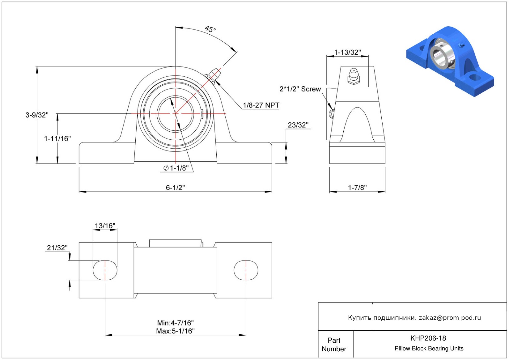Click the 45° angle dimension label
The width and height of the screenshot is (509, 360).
tap(210, 29)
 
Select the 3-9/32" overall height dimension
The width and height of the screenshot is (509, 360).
tap(37, 115)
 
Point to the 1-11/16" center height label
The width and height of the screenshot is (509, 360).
tap(57, 138)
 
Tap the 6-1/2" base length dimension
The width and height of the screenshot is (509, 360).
tap(175, 188)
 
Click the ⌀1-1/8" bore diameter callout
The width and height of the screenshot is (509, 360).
tap(176, 168)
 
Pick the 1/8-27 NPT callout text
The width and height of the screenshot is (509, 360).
tap(261, 105)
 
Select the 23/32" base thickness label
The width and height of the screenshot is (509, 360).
tap(298, 125)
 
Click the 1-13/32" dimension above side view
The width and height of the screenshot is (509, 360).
tap(347, 52)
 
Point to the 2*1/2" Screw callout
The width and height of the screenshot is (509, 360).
tap(300, 89)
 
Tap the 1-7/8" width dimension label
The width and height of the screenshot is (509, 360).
tap(358, 188)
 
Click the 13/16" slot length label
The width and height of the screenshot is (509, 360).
tap(105, 226)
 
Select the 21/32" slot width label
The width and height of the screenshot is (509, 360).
tap(57, 248)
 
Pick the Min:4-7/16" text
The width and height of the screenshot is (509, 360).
tap(176, 323)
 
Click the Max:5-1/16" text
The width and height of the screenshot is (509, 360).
tap(176, 331)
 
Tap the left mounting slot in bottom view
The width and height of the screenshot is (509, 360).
tap(105, 270)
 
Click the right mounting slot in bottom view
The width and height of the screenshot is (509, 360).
tap(246, 270)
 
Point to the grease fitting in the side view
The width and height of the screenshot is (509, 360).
tap(354, 76)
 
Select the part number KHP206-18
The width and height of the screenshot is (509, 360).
tap(428, 338)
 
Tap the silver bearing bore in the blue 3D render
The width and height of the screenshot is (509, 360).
tap(440, 56)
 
